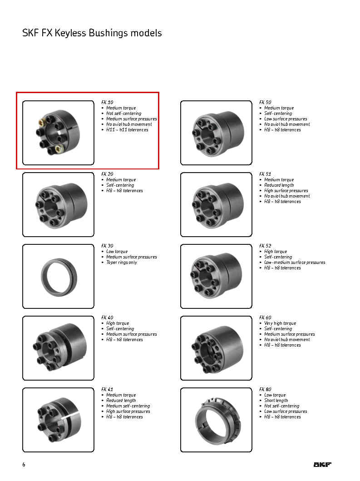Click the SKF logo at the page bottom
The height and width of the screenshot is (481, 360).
click(322, 464)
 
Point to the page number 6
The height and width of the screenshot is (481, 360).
click(24, 464)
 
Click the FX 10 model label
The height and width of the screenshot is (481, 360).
click(107, 103)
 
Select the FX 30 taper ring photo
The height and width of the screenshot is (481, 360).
click(58, 276)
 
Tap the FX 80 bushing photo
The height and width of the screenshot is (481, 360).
click(216, 420)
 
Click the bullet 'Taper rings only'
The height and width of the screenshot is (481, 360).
click(121, 263)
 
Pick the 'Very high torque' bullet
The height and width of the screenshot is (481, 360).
click(280, 323)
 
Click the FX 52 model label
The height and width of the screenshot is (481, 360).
click(265, 246)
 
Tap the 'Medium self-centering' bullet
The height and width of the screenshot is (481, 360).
click(128, 406)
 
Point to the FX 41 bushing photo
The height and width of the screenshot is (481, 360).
click(58, 420)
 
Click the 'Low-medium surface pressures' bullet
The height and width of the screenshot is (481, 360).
click(295, 263)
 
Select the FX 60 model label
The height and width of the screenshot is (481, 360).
click(265, 318)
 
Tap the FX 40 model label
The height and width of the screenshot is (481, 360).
click(107, 318)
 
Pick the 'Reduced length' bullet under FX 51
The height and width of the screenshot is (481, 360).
click(279, 185)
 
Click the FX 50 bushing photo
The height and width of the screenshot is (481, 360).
click(216, 133)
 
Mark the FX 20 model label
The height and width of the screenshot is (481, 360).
click(107, 174)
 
